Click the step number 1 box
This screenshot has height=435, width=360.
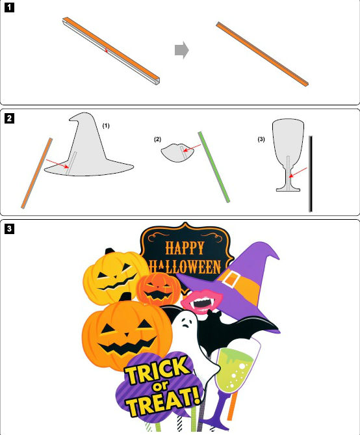coord(9,8)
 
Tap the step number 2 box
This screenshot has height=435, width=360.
coord(9,118)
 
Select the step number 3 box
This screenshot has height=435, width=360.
coord(9,229)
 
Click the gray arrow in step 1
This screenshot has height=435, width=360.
coord(182,50)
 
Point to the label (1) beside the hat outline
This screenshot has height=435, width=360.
coord(106,125)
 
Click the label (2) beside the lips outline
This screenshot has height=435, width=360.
coord(157,139)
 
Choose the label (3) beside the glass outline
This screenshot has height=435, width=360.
coord(261,139)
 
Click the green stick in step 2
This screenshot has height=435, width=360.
coord(214,167)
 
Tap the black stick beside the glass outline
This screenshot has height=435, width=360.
coord(311,174)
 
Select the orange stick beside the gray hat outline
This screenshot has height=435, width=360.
coord(36,173)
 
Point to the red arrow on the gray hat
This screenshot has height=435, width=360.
coord(57,164)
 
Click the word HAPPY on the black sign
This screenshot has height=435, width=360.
coord(185,248)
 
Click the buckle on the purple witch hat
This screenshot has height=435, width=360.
coord(231,278)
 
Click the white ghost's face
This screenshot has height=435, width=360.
coord(186,322)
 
